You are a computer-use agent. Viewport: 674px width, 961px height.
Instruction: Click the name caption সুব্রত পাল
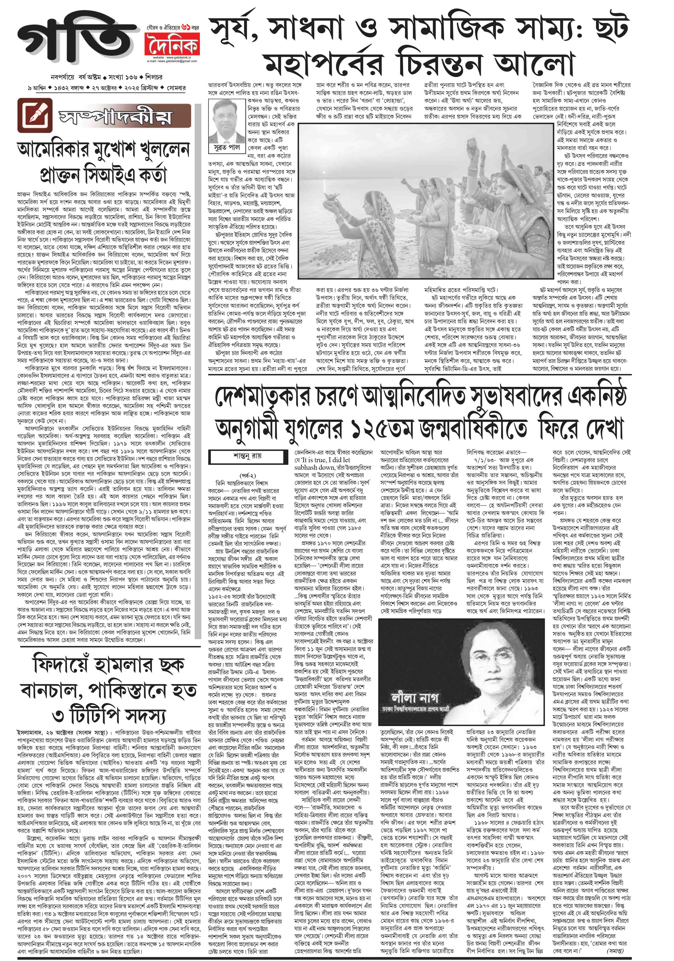224,147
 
